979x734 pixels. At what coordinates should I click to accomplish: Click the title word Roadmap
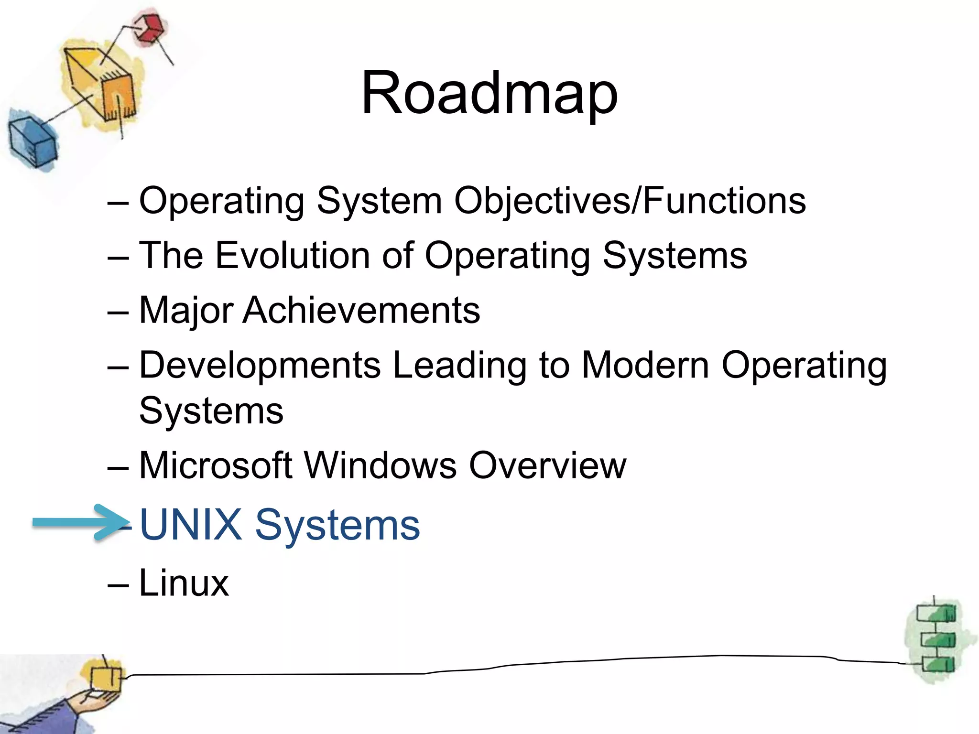tap(489, 93)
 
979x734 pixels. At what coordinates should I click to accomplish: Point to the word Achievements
tap(361, 311)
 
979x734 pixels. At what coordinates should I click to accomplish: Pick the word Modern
tap(645, 366)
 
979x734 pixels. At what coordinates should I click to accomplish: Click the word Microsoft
tap(216, 465)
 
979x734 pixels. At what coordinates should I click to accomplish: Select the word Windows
tap(380, 465)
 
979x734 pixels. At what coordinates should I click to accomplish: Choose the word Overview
tap(547, 465)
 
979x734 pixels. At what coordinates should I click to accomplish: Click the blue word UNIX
tap(191, 525)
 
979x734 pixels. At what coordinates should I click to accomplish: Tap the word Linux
tap(184, 583)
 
